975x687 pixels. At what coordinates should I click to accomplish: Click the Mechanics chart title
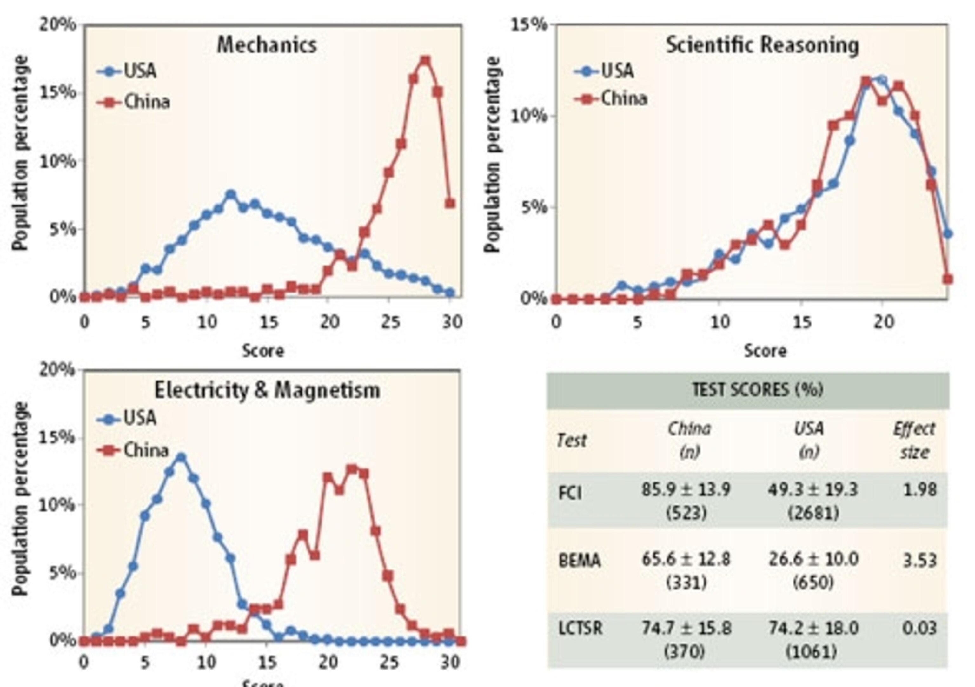point(267,44)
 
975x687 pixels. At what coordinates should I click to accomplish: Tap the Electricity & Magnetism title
point(267,390)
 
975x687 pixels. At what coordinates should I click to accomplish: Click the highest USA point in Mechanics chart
point(231,195)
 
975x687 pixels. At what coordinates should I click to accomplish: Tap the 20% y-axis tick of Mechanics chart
point(57,25)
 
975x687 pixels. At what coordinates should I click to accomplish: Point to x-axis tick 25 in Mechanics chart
point(390,322)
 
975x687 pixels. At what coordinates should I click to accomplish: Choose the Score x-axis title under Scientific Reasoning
point(765,351)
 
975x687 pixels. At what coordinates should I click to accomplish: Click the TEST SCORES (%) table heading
point(757,389)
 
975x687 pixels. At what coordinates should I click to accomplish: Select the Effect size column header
point(913,440)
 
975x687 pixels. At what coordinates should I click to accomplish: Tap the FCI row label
point(570,493)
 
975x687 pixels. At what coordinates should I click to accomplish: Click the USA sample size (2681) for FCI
point(813,513)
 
